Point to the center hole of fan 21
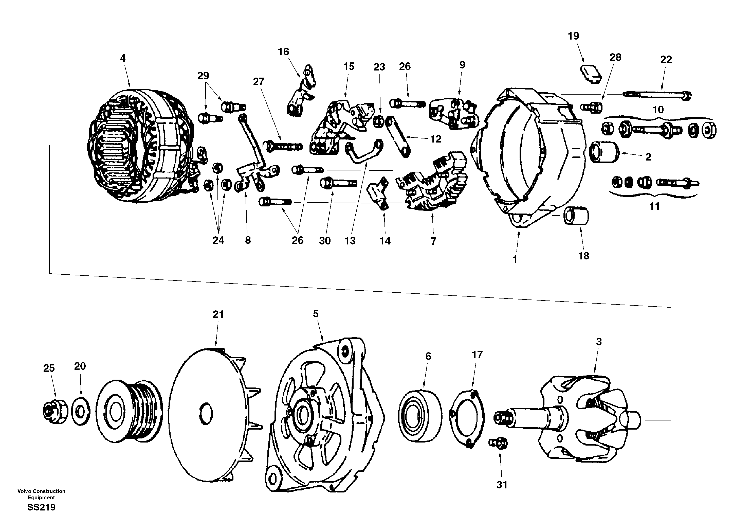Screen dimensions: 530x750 click(206, 414)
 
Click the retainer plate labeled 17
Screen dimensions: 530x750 click(467, 418)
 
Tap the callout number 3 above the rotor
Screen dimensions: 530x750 click(599, 342)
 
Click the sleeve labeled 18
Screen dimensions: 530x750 click(576, 216)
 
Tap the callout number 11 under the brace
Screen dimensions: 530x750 click(654, 206)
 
